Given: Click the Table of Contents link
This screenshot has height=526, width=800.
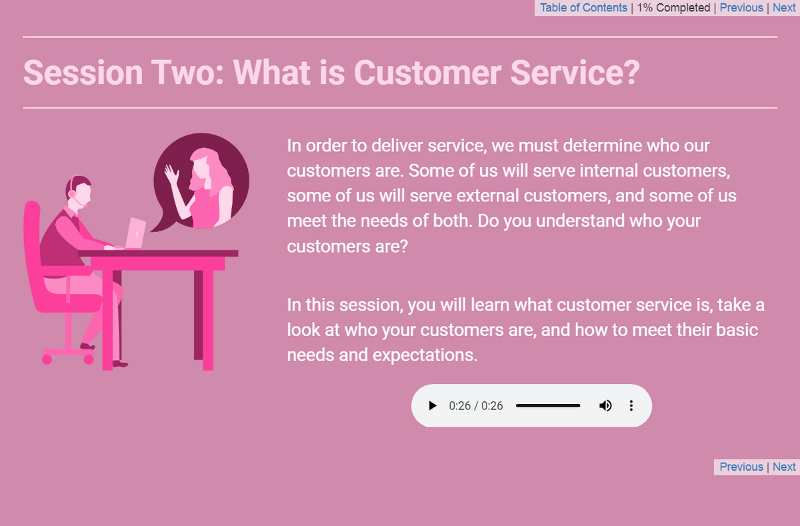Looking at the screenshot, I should (x=583, y=8).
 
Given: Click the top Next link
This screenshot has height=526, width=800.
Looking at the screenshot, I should (x=784, y=8).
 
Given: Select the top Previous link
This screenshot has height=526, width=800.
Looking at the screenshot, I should (x=741, y=8).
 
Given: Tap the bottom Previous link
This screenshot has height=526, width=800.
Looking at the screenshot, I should (x=741, y=467).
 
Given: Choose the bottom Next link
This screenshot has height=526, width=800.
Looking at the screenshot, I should (x=784, y=467).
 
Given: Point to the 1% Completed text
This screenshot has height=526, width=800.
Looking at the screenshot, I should (x=673, y=8).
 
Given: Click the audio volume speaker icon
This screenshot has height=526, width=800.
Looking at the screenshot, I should (x=605, y=405).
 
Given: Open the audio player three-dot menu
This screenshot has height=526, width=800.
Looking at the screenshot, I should (x=631, y=405).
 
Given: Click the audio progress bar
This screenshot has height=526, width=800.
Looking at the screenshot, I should (x=547, y=405).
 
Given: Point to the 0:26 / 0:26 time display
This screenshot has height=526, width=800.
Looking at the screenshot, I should (x=476, y=405).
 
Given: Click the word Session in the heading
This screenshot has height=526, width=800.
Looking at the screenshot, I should (x=83, y=72).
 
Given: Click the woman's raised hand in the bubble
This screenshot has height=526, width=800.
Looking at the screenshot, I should (x=173, y=175).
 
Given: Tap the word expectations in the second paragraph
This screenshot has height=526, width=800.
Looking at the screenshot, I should (x=424, y=355).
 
